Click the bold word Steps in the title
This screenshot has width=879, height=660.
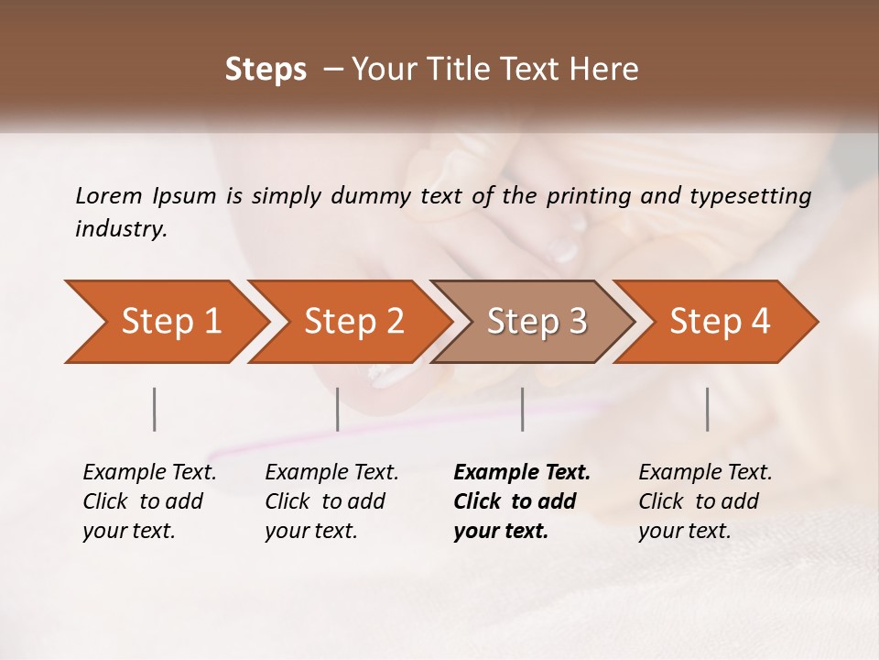[x=266, y=70]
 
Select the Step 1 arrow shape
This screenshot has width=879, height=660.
[x=170, y=322]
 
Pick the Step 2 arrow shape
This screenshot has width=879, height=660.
[x=353, y=322]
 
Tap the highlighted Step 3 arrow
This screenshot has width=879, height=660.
[x=537, y=322]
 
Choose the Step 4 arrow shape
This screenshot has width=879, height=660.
[x=720, y=322]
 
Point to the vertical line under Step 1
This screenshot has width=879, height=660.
[x=155, y=409]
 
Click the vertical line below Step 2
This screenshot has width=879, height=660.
[x=338, y=409]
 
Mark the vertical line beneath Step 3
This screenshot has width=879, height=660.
[x=522, y=409]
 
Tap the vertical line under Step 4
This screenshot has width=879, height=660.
[x=707, y=409]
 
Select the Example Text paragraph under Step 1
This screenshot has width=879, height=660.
[x=149, y=501]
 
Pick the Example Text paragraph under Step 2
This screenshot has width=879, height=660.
[x=331, y=501]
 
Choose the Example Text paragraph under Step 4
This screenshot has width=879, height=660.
[x=705, y=501]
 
